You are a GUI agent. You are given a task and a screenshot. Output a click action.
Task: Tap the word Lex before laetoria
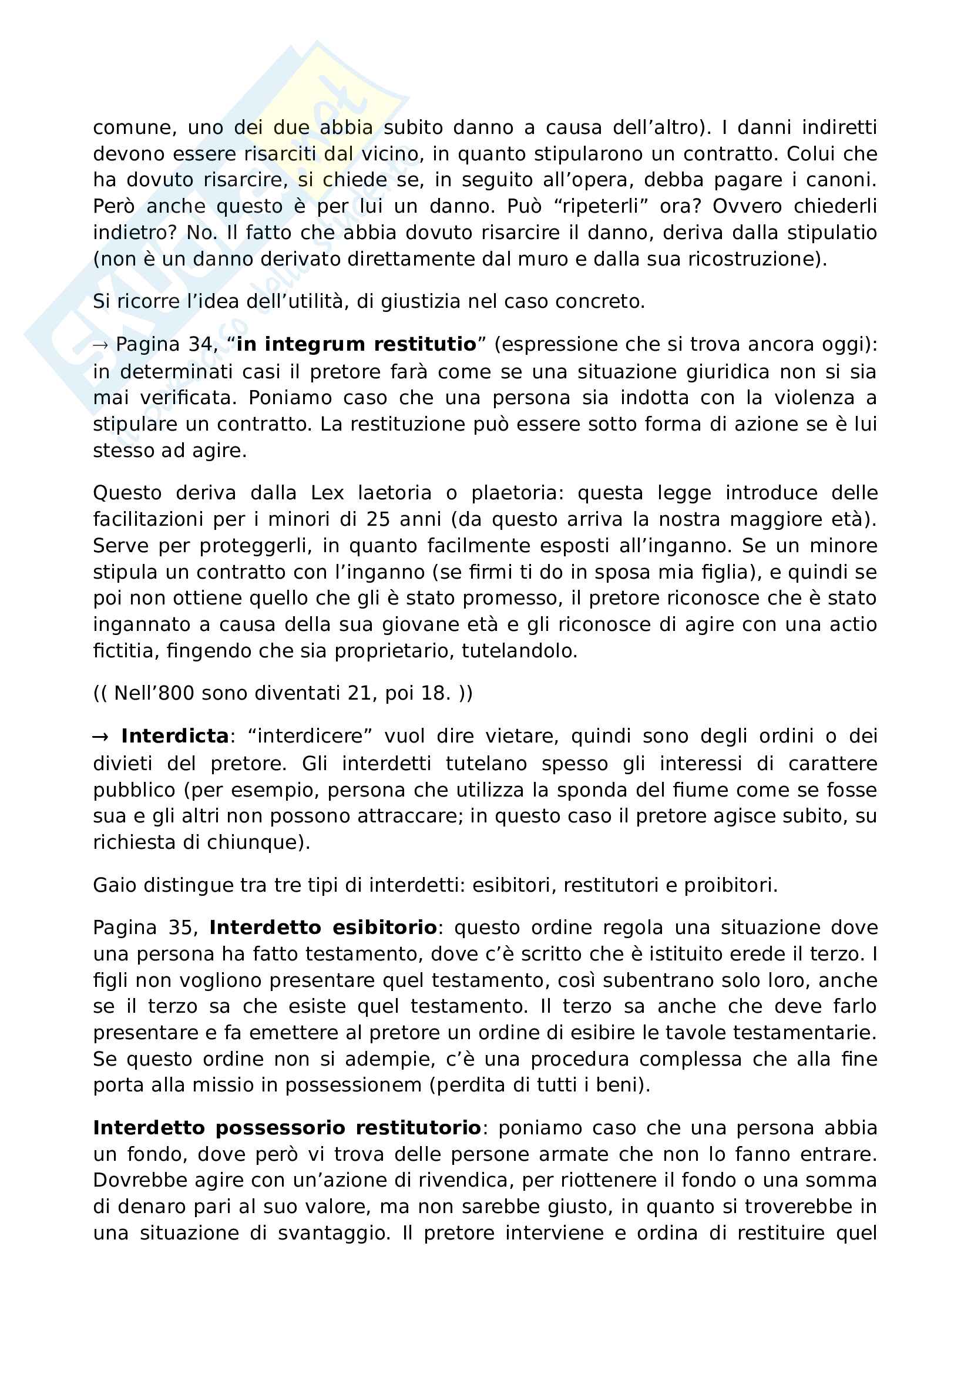[327, 493]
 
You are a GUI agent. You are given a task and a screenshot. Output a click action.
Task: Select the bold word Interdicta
[174, 736]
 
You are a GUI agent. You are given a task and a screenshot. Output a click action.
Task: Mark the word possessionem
[353, 1086]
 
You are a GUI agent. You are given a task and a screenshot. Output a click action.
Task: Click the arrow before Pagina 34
[100, 345]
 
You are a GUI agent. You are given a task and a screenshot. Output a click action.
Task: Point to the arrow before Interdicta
[100, 737]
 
